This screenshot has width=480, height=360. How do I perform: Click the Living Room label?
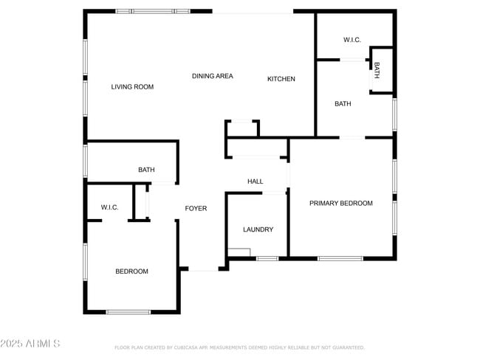pyautogui.click(x=132, y=87)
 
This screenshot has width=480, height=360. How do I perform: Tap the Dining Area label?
pyautogui.click(x=213, y=76)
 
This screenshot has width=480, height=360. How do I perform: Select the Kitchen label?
pyautogui.click(x=281, y=79)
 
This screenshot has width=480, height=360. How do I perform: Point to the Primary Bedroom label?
pyautogui.click(x=340, y=203)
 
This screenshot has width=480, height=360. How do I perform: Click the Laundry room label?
pyautogui.click(x=258, y=229)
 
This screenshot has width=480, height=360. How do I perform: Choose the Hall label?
pyautogui.click(x=255, y=181)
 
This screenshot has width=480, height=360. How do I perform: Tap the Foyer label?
pyautogui.click(x=196, y=208)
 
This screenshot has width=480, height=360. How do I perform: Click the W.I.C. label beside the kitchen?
pyautogui.click(x=352, y=40)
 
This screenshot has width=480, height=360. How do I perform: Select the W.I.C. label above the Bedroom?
pyautogui.click(x=110, y=207)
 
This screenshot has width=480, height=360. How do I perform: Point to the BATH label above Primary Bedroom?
pyautogui.click(x=343, y=104)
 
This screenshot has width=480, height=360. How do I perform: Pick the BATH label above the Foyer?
pyautogui.click(x=146, y=170)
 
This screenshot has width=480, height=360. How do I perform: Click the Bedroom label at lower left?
pyautogui.click(x=131, y=271)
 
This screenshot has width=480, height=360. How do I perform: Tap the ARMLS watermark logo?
pyautogui.click(x=30, y=344)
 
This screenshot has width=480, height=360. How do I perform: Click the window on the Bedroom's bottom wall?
pyautogui.click(x=128, y=312)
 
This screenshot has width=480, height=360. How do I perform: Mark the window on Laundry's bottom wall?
pyautogui.click(x=267, y=258)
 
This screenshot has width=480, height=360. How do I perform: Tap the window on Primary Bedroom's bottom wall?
pyautogui.click(x=340, y=258)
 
